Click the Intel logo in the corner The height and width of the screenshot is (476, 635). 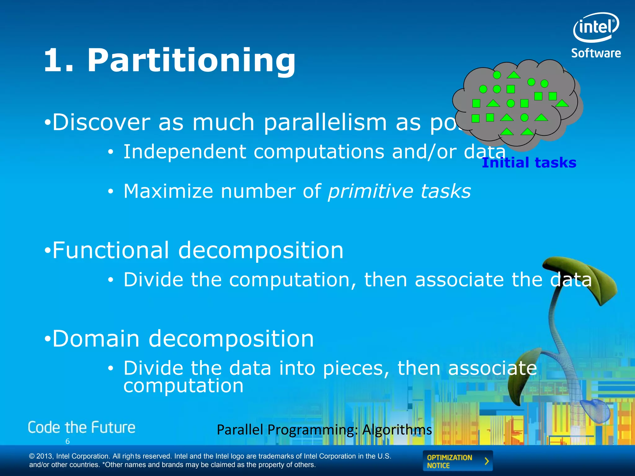596,27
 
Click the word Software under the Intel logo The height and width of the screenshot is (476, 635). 596,53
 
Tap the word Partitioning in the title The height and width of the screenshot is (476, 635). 191,60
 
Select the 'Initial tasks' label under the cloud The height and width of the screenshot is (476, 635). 529,163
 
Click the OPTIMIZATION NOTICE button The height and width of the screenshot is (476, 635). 457,461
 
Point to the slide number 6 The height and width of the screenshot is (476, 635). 68,441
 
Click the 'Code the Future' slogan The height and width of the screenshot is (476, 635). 82,428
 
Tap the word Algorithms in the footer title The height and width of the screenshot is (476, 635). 397,430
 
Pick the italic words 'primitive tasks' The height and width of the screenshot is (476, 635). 399,191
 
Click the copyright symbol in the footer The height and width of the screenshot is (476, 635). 32,456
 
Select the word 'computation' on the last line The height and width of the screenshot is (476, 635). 184,386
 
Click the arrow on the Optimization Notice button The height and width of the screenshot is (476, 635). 486,461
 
